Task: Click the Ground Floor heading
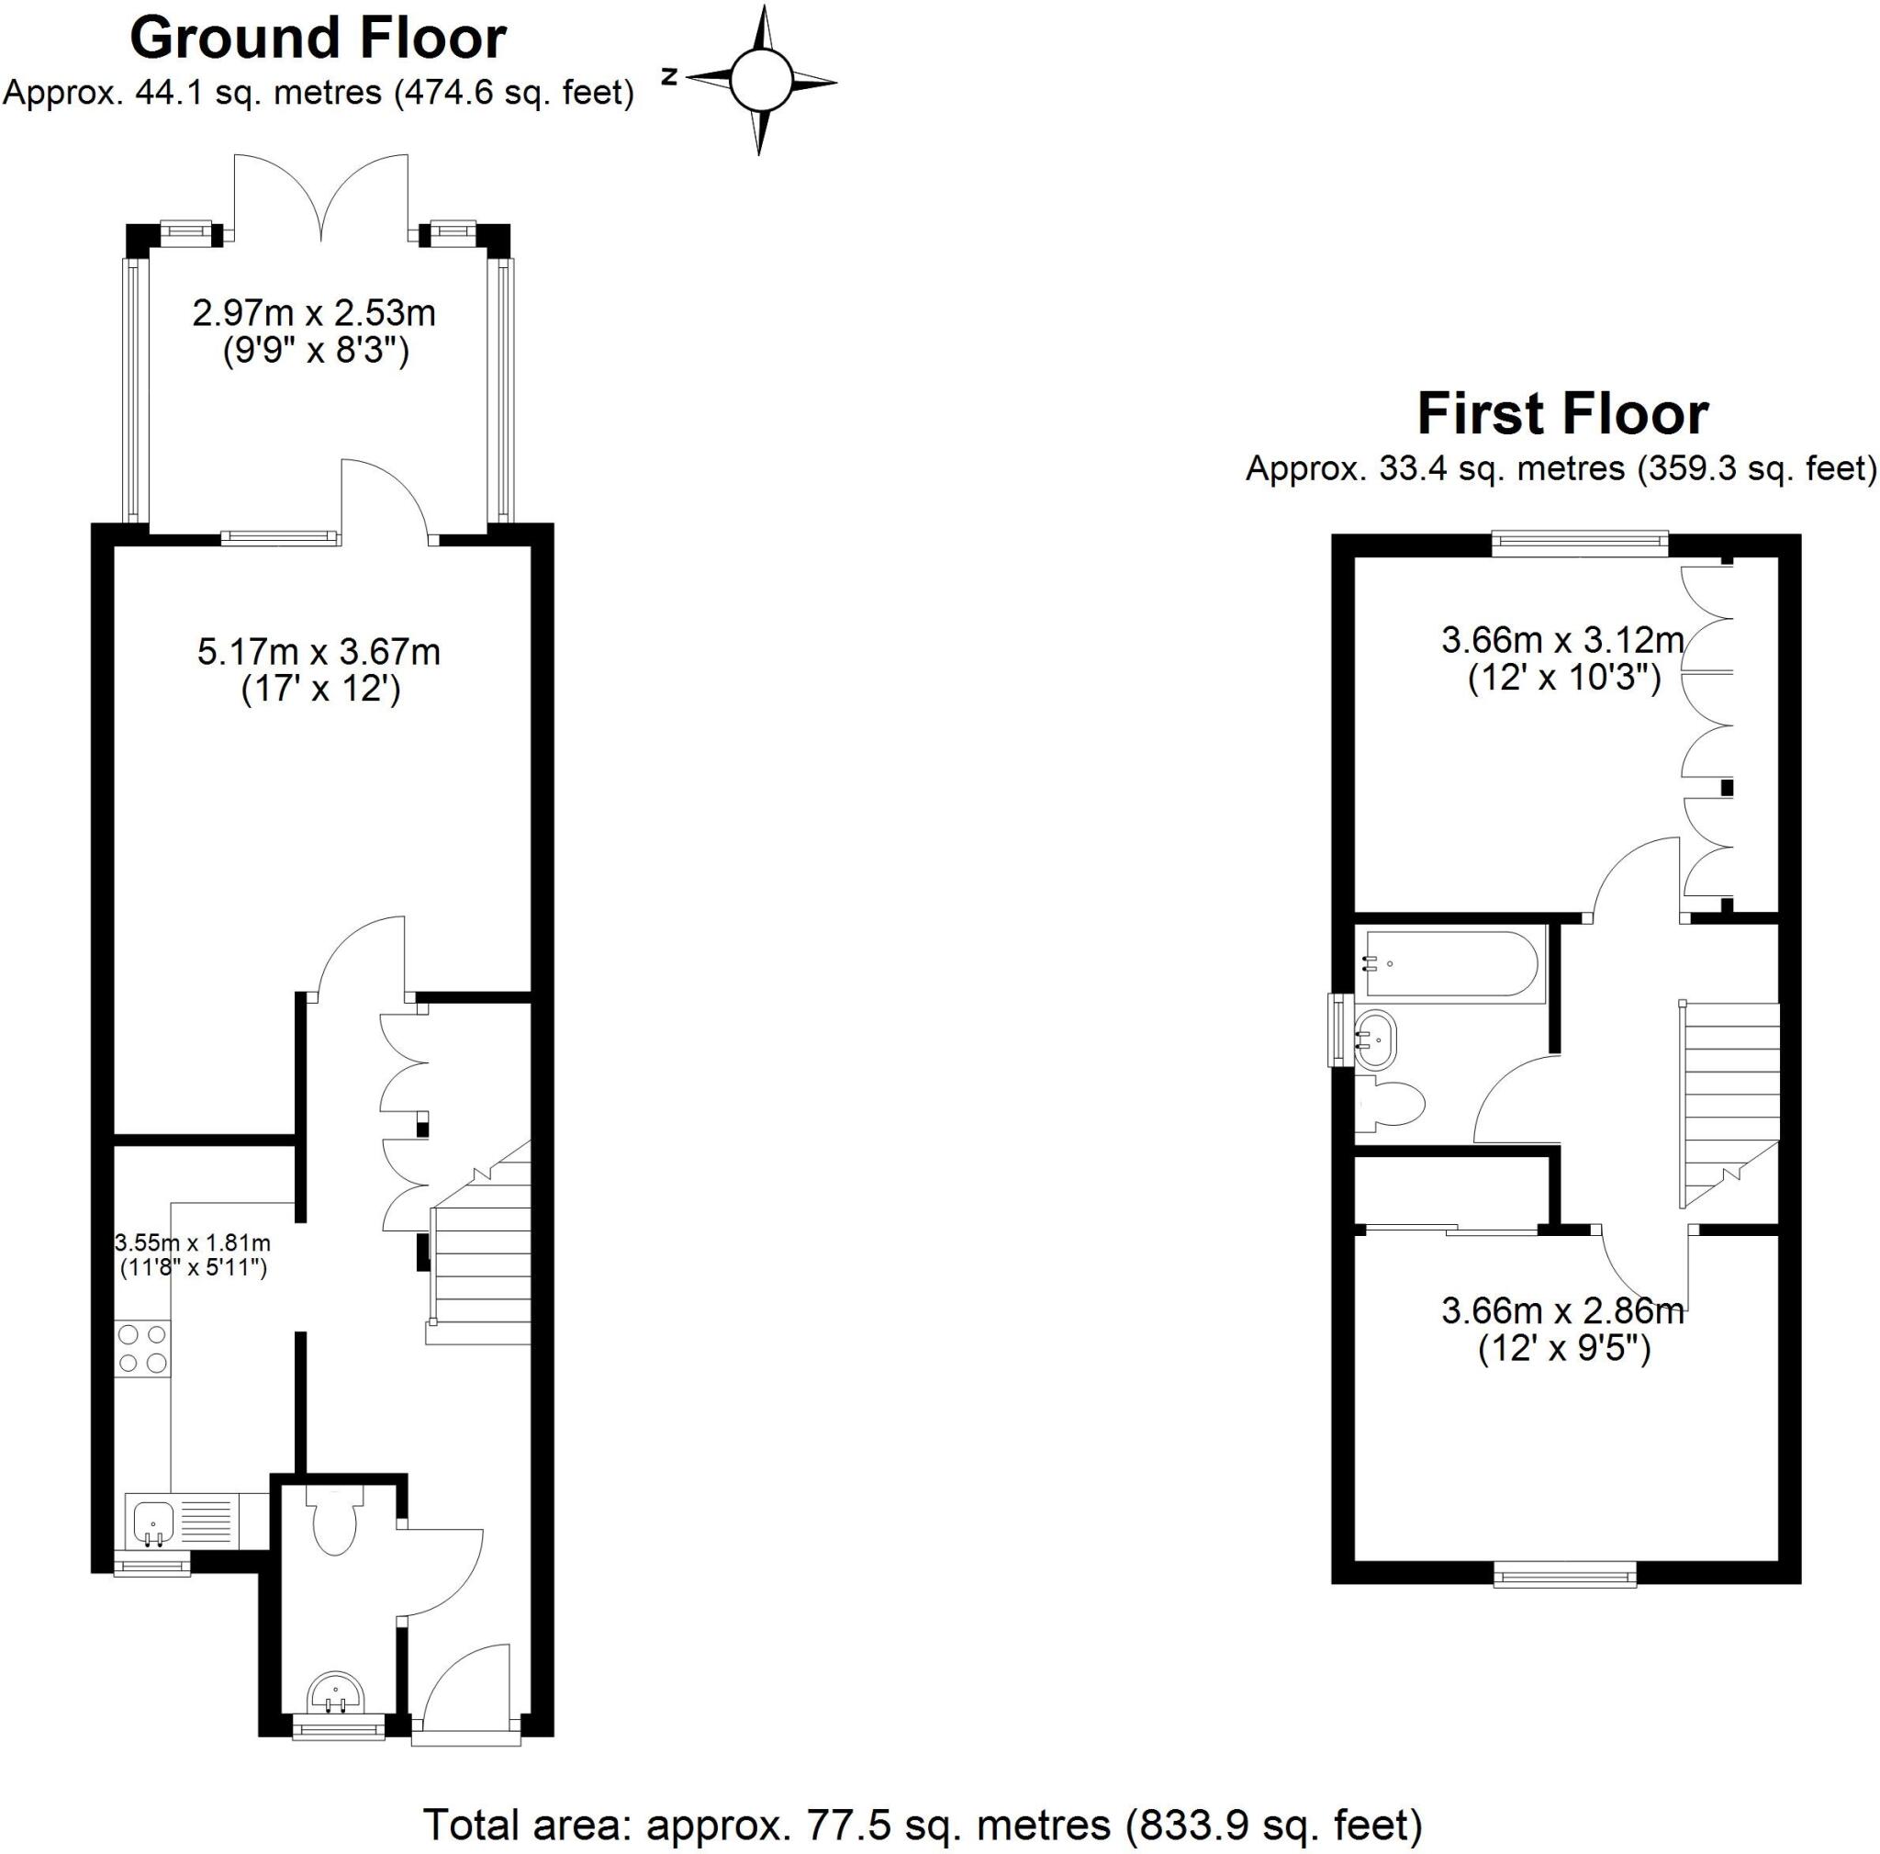click(318, 39)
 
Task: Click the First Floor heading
click(1561, 414)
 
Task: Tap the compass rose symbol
click(760, 81)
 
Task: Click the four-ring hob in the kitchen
click(142, 1349)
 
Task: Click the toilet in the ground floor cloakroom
click(335, 1523)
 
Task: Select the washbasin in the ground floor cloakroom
click(337, 1694)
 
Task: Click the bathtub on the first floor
click(1451, 963)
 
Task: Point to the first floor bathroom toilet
click(1392, 1105)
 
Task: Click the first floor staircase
click(1730, 1100)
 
